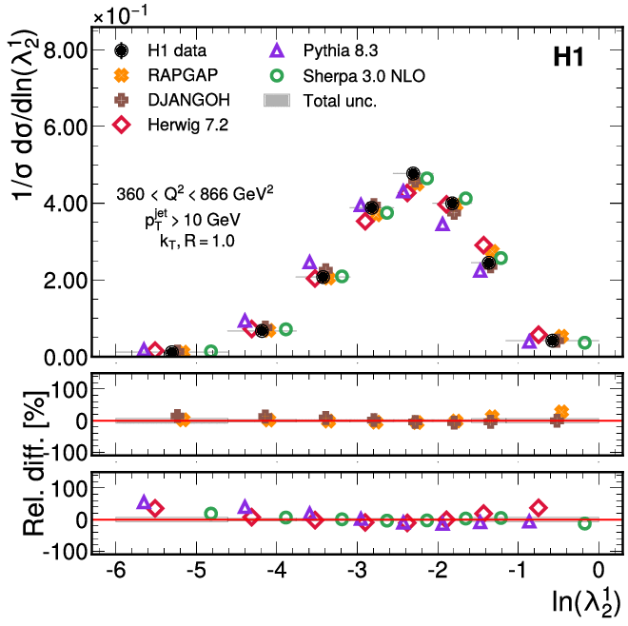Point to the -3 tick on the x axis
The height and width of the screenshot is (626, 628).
pos(357,571)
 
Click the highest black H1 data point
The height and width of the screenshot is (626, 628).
pos(413,173)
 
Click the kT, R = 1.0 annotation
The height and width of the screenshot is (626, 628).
pos(196,241)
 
